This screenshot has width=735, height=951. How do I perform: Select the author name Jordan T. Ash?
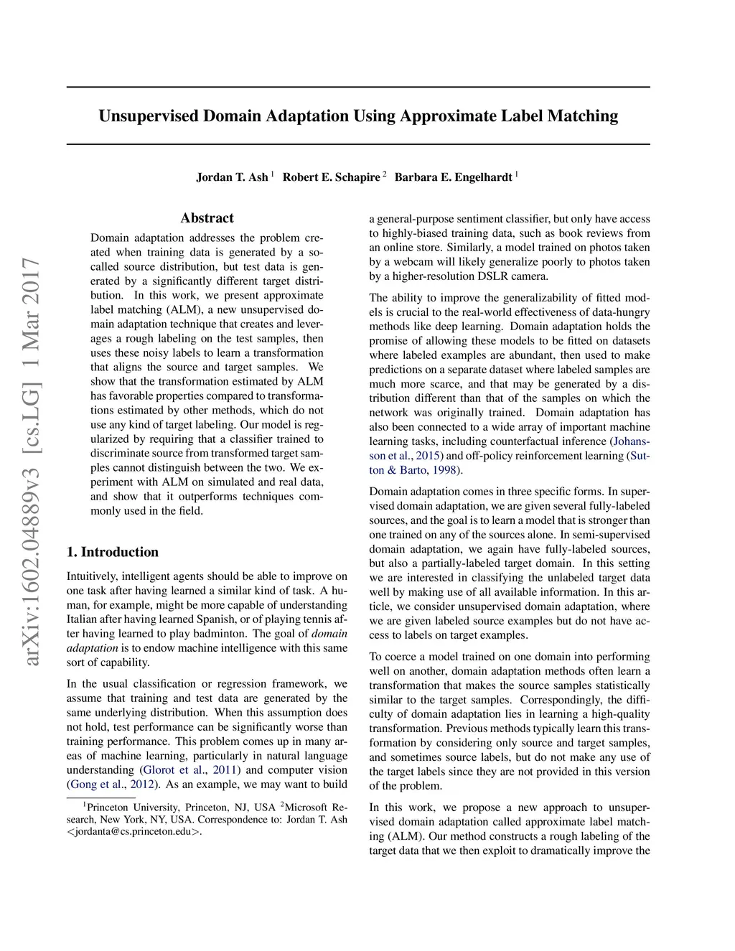click(232, 177)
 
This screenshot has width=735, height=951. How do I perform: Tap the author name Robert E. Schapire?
click(331, 177)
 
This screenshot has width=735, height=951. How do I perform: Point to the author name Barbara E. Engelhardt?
click(453, 177)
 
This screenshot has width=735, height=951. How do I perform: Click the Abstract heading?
click(207, 218)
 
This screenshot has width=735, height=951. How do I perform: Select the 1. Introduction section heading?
click(113, 552)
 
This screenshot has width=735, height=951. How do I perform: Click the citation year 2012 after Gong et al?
click(142, 784)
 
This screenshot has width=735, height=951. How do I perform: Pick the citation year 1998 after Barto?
click(445, 470)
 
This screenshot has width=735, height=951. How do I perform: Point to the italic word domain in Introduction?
click(329, 634)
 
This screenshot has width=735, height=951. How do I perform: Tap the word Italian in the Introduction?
click(83, 619)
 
